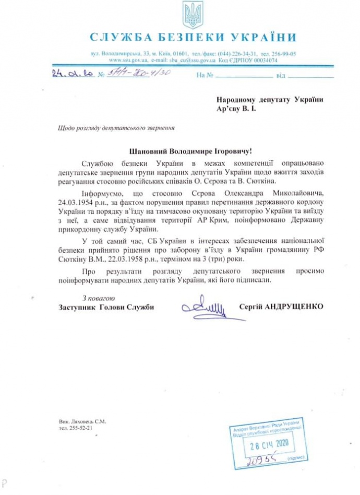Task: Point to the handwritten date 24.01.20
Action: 73,75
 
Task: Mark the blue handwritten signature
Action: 205,307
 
